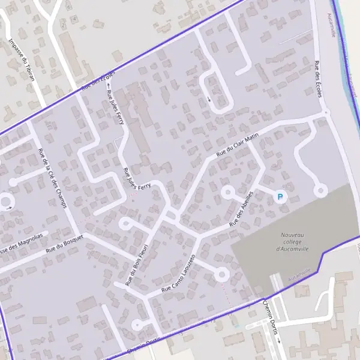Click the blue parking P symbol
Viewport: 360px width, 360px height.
click(x=280, y=196)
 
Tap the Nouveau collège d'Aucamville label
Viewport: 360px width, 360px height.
click(x=292, y=241)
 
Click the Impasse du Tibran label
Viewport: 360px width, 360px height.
click(x=22, y=60)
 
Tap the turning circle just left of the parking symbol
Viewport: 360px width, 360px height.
click(x=228, y=192)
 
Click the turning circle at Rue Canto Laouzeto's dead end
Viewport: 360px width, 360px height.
click(x=221, y=275)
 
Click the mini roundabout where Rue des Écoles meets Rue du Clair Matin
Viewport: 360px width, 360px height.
click(x=326, y=112)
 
